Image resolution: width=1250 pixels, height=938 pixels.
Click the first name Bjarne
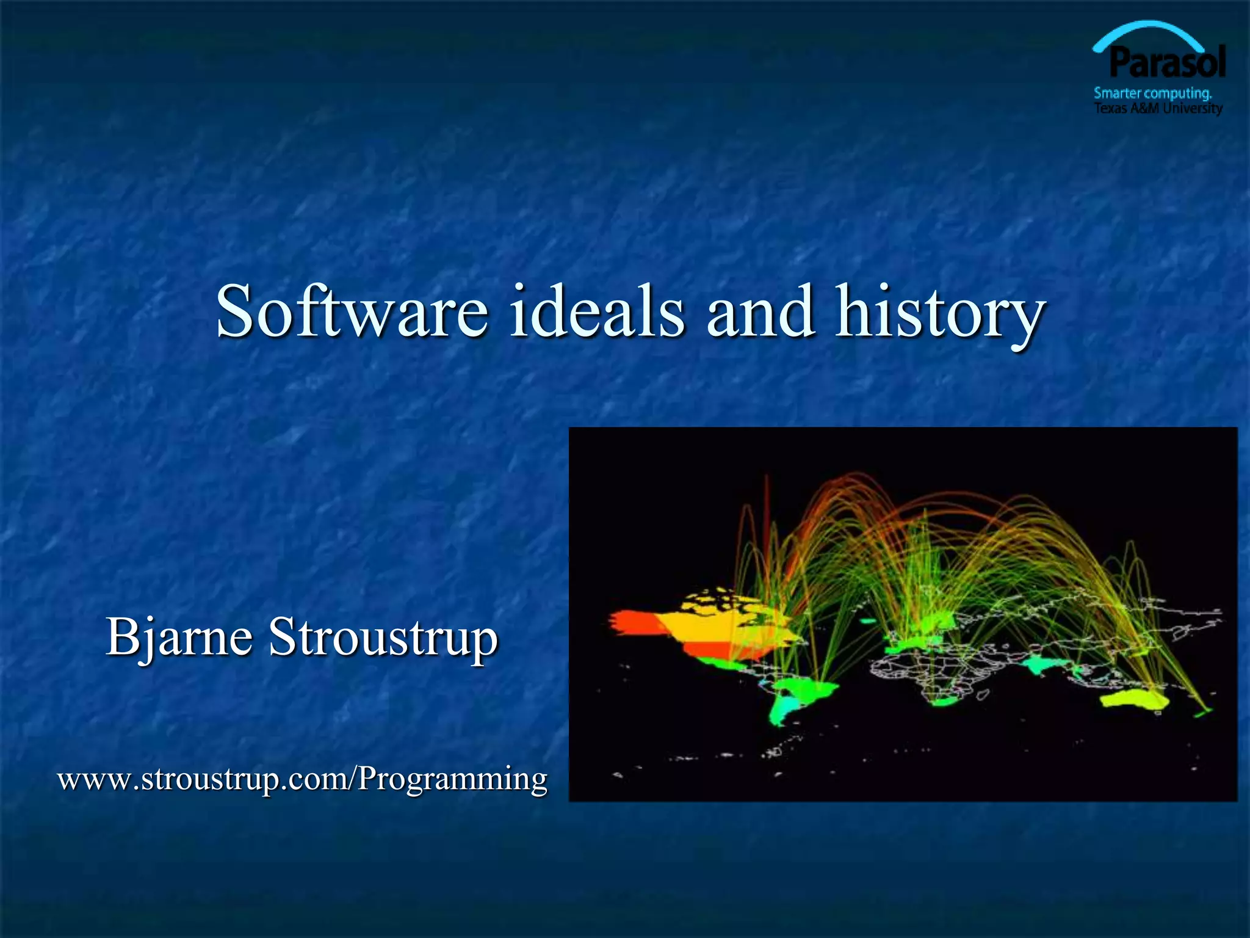pyautogui.click(x=179, y=638)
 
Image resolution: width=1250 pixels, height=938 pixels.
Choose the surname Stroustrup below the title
pyautogui.click(x=383, y=638)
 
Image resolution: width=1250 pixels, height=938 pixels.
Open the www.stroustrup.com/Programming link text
pyautogui.click(x=302, y=780)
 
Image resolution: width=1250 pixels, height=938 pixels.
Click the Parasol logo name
pyautogui.click(x=1167, y=63)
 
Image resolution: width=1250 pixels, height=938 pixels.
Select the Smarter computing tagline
pyautogui.click(x=1152, y=93)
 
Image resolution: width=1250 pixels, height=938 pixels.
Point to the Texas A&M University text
pyautogui.click(x=1158, y=109)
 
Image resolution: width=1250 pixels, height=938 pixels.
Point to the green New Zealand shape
pyautogui.click(x=1202, y=712)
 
